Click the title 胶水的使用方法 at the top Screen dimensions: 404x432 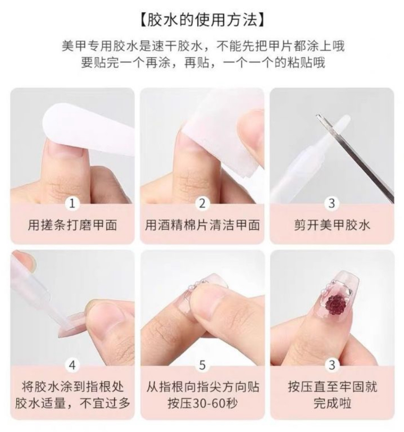coord(202,20)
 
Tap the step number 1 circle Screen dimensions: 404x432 coord(72,204)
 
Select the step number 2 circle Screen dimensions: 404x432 coord(202,204)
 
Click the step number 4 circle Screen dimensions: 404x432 coord(72,365)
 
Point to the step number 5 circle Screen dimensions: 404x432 coord(202,365)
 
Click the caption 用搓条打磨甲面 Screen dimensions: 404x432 coord(72,225)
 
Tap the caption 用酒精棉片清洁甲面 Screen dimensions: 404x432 coord(202,225)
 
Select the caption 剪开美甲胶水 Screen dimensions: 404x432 coord(332,225)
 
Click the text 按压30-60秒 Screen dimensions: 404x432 coord(202,404)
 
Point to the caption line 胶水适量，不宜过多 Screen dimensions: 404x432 coord(72,404)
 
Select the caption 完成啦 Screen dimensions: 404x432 coord(332,404)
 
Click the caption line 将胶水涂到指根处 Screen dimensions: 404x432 coord(72,387)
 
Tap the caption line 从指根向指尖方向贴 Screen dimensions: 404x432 coord(202,387)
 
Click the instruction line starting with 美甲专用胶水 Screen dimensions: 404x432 coord(202,46)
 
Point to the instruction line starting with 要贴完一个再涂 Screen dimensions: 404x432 coord(202,62)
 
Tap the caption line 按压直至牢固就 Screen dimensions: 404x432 coord(332,387)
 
